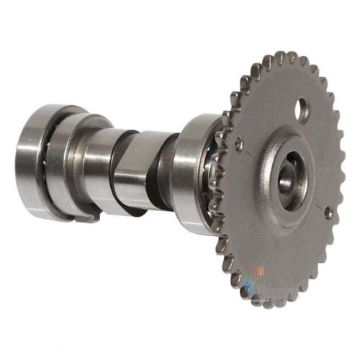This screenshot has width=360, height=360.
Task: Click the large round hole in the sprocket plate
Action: pos(303,110)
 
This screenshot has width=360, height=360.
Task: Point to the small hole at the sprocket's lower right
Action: pos(328,213)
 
